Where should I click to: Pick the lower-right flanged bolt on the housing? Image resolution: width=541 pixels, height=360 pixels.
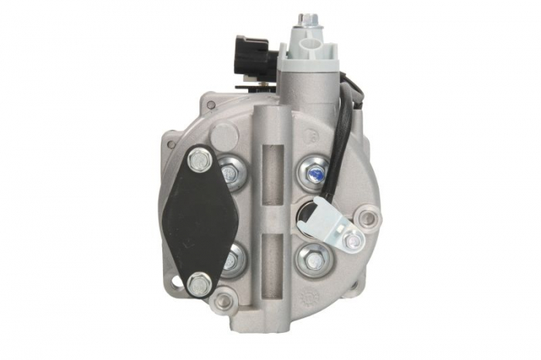[x=313, y=259]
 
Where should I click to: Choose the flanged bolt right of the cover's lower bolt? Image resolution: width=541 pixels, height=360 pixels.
[x=231, y=261]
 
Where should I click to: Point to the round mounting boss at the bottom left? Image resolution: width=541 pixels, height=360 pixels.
[x=224, y=300]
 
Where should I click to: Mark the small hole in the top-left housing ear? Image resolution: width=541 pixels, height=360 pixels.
[x=209, y=103]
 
